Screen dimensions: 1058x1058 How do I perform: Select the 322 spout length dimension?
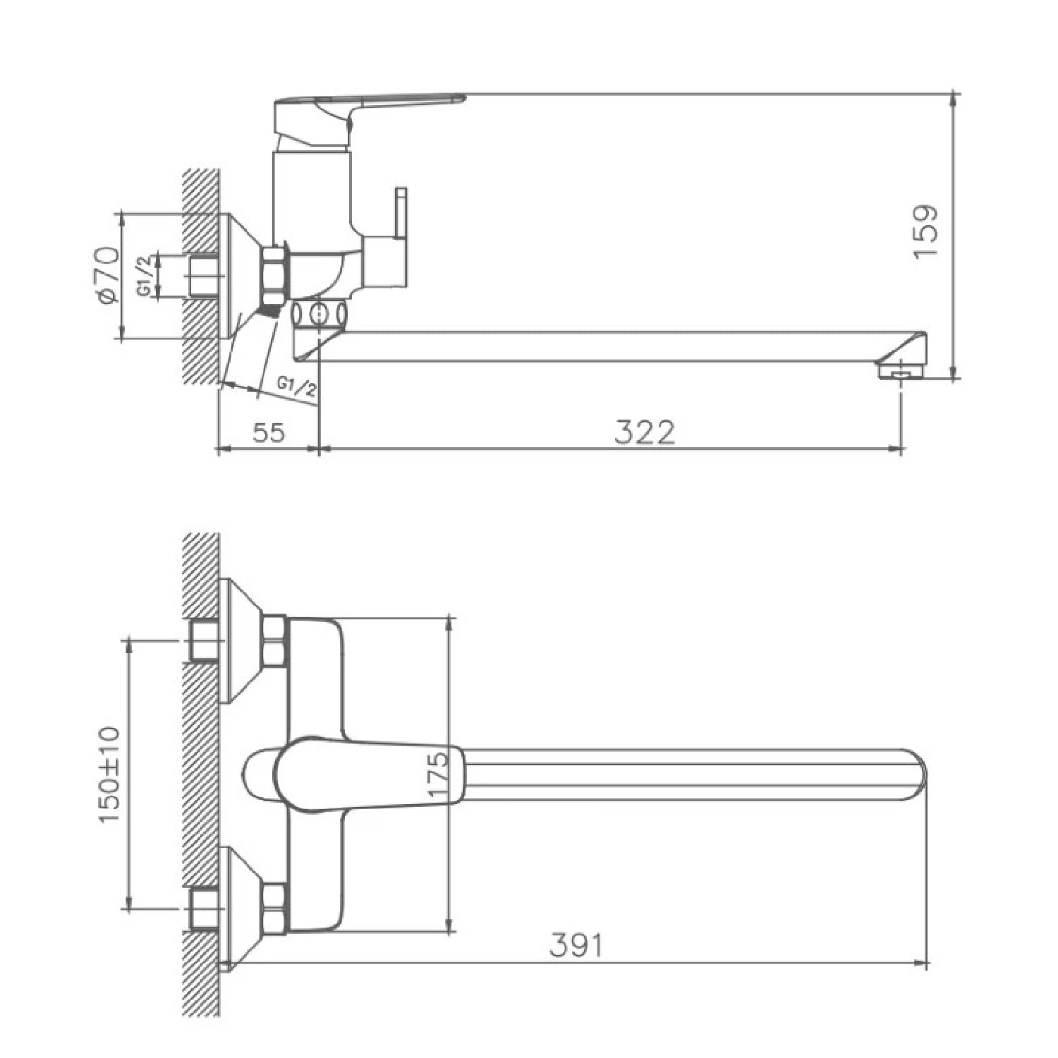[645, 432]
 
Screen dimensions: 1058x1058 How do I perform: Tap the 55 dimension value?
[269, 432]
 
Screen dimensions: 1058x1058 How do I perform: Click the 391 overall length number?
[577, 945]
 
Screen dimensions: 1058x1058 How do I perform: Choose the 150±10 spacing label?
[110, 774]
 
